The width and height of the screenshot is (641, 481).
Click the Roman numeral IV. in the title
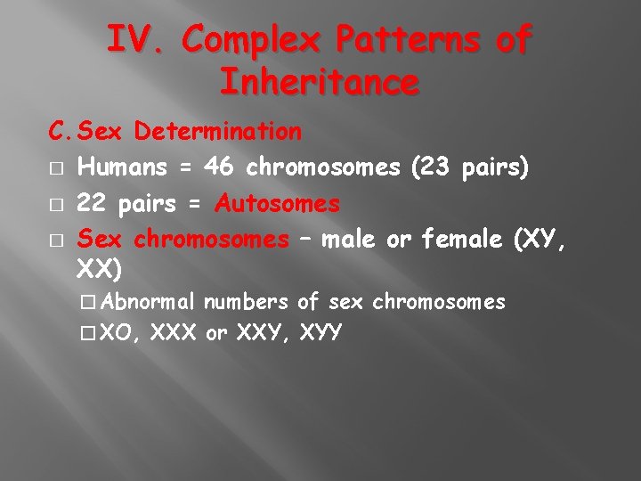pos(139,41)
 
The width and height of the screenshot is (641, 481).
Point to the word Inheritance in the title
pos(319,83)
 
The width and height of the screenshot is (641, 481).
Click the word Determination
pos(218,133)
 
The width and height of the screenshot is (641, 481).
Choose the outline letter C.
pos(60,133)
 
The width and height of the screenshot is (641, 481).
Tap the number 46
pos(219,167)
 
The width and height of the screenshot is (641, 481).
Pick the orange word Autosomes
pos(278,204)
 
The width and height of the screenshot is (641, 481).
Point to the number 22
pos(90,204)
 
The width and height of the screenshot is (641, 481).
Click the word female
pos(462,239)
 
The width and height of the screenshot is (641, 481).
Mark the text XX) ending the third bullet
pos(100,268)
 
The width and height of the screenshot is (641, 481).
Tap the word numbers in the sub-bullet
pos(246,302)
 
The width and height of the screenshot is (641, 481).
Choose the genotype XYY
pos(322,334)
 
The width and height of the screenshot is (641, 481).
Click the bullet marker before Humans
pos(55,168)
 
